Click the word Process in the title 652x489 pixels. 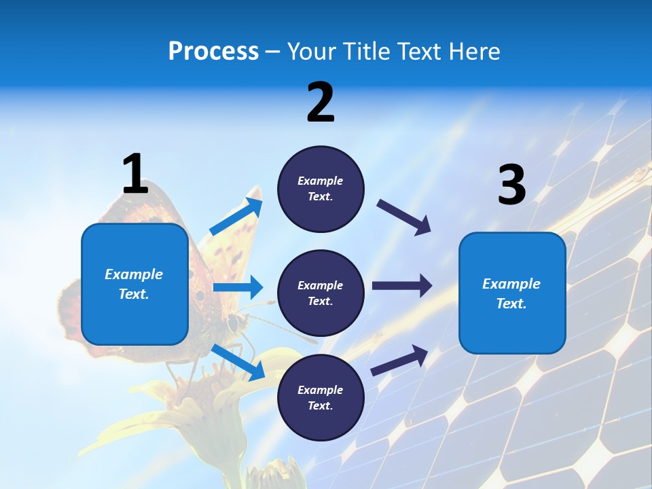tap(213, 52)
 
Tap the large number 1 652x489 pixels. tap(135, 175)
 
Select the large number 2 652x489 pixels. tap(321, 103)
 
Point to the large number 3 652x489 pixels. tap(511, 185)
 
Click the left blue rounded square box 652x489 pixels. tap(134, 284)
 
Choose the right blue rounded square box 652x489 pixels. tap(512, 293)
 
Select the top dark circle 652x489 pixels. tap(321, 189)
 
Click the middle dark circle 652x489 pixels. tap(321, 293)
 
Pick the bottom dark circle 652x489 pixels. tap(321, 397)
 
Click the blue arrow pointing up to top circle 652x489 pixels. tap(237, 217)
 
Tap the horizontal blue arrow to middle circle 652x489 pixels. tap(238, 287)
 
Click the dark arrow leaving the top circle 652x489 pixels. tap(404, 217)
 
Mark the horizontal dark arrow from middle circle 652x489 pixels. tap(402, 286)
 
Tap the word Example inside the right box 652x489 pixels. tap(511, 284)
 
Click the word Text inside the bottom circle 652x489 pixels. tap(319, 405)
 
